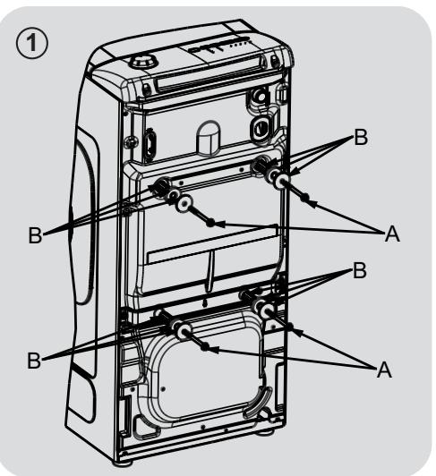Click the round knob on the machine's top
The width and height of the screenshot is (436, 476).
141,64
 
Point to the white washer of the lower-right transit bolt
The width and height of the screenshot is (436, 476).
266,309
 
